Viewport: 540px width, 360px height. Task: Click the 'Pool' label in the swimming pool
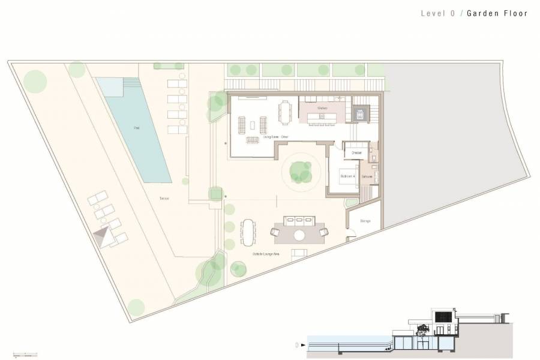137,128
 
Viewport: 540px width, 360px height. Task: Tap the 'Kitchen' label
322,108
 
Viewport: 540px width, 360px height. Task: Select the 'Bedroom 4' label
348,176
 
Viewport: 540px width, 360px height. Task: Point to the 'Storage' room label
365,221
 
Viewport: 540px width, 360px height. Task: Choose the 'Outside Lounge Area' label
261,254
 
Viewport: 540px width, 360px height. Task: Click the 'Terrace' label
164,198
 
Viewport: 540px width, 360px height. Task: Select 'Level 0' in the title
437,13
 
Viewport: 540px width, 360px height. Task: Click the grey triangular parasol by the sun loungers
104,236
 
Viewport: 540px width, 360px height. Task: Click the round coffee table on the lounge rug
299,235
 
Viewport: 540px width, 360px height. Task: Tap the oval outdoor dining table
248,232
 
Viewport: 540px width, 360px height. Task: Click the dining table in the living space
284,111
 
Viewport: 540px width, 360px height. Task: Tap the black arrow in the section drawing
303,346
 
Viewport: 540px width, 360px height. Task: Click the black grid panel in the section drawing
442,316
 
